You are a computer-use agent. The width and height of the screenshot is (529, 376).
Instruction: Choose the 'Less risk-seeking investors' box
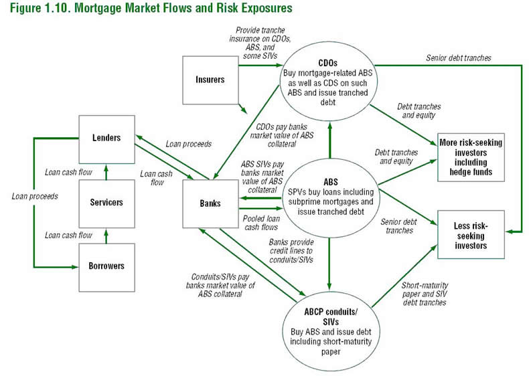pyautogui.click(x=471, y=234)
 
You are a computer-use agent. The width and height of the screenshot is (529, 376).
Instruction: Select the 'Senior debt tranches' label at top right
pyautogui.click(x=458, y=58)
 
